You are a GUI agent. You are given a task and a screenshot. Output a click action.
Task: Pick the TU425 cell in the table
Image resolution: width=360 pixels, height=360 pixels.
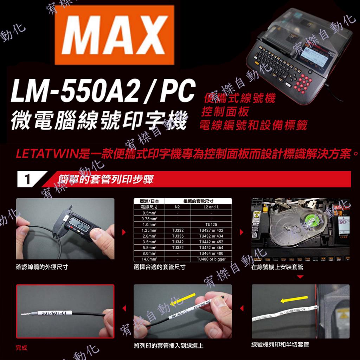point(211,224)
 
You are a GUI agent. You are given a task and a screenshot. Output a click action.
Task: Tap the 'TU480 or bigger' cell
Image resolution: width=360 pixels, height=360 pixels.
point(211,259)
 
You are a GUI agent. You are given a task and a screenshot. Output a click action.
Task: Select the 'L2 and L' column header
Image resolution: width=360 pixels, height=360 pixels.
point(211,207)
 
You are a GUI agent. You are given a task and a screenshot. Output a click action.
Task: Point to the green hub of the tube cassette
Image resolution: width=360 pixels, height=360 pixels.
point(309,221)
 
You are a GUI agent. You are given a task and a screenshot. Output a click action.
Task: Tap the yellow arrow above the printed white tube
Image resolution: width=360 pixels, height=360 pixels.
point(292,300)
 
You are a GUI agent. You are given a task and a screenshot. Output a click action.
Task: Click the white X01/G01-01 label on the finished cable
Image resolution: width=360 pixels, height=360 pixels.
point(55,313)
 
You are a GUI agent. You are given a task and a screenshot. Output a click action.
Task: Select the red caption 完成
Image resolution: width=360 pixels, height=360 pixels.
point(21,348)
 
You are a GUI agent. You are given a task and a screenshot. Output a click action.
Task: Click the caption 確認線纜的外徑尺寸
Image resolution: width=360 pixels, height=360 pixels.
point(42,267)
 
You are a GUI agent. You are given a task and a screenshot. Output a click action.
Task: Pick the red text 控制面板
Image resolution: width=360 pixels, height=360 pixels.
point(225,112)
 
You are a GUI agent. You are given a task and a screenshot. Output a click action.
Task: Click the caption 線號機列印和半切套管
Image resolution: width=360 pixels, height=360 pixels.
point(280,345)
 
